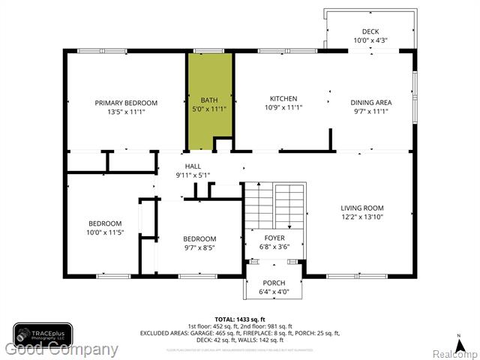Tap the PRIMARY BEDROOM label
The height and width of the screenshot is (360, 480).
pyautogui.click(x=126, y=103)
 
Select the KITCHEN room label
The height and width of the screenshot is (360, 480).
pyautogui.click(x=283, y=98)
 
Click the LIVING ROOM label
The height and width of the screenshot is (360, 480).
pyautogui.click(x=361, y=208)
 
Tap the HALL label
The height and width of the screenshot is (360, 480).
pyautogui.click(x=193, y=166)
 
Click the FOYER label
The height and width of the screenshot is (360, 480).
pyautogui.click(x=274, y=238)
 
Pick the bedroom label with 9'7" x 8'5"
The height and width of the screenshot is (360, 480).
pyautogui.click(x=199, y=239)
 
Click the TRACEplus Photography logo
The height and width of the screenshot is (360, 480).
pyautogui.click(x=42, y=334)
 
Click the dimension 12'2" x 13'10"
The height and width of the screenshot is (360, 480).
pyautogui.click(x=361, y=217)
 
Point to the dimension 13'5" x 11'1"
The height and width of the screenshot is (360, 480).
pyautogui.click(x=126, y=112)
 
